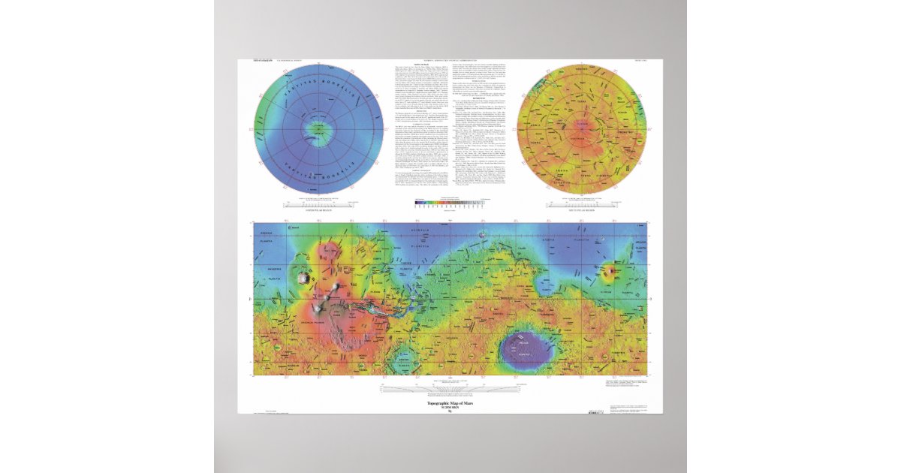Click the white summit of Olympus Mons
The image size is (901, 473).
pyautogui.click(x=303, y=278)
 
